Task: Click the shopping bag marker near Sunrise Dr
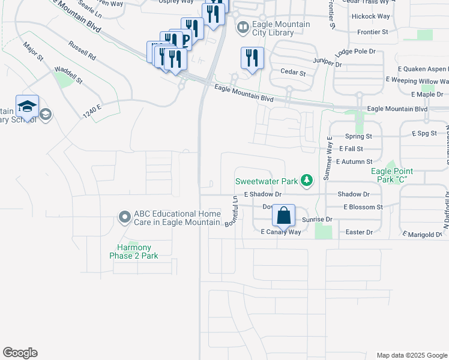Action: (x=283, y=215)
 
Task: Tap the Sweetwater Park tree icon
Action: (x=307, y=181)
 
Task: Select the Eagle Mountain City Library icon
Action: (x=243, y=28)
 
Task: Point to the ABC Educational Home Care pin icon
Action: (x=125, y=216)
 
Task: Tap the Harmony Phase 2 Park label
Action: (x=134, y=251)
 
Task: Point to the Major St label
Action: (x=33, y=52)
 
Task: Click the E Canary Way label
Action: (x=280, y=232)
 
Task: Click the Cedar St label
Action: (x=293, y=73)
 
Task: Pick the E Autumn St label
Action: (x=354, y=161)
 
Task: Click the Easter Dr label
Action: (x=360, y=232)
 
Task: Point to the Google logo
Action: (x=20, y=353)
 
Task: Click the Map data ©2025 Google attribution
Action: (x=411, y=355)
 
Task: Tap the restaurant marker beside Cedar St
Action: (x=252, y=59)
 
